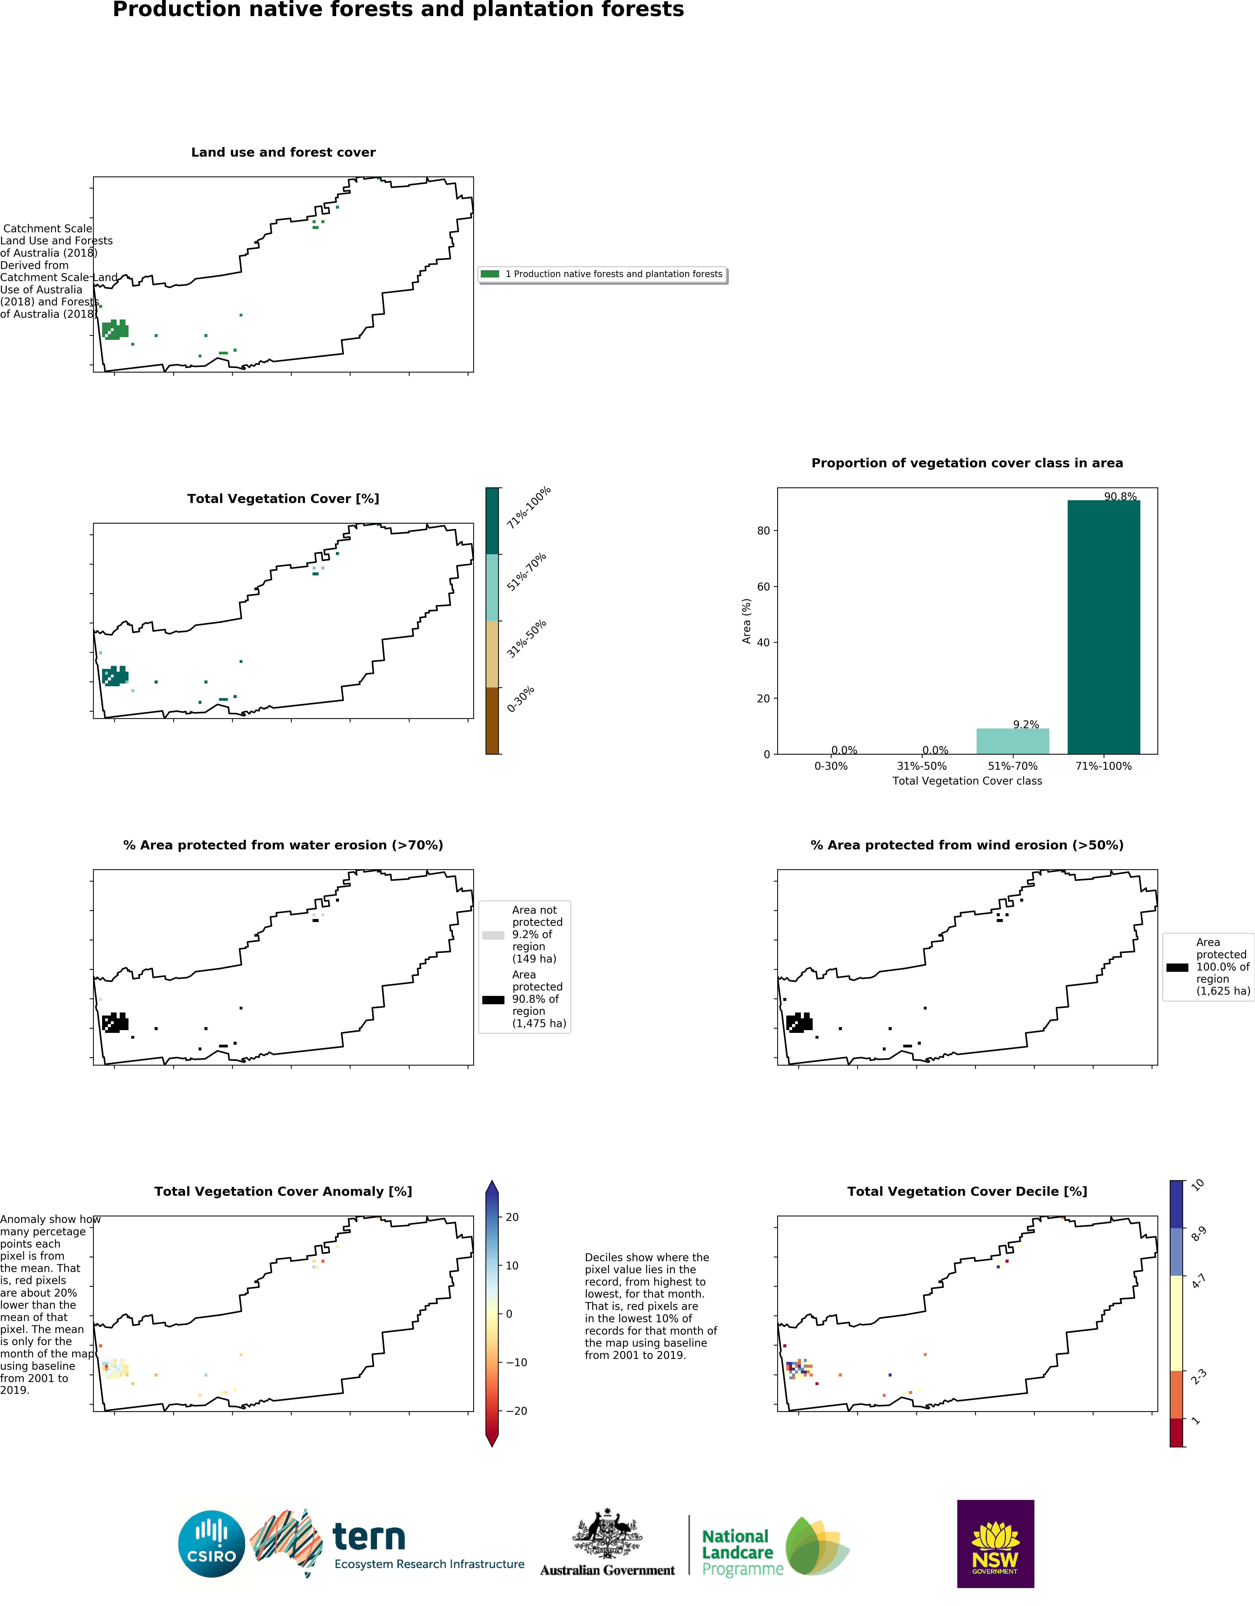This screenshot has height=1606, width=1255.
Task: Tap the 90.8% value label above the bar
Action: pyautogui.click(x=1120, y=496)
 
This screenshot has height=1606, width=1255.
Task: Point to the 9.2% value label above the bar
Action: pyautogui.click(x=1025, y=724)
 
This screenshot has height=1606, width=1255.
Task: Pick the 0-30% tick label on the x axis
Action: pyautogui.click(x=831, y=766)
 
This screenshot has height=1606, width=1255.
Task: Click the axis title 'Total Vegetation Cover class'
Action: pyautogui.click(x=967, y=781)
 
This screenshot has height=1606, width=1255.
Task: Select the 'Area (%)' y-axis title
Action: pyautogui.click(x=747, y=621)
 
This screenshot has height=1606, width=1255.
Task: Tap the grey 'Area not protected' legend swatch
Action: pyautogui.click(x=493, y=935)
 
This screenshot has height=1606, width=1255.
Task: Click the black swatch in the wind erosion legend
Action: pyautogui.click(x=1177, y=968)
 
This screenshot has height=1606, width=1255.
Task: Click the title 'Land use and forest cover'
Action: pyautogui.click(x=283, y=152)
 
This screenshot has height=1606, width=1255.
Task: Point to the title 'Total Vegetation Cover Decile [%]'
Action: pyautogui.click(x=967, y=1191)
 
